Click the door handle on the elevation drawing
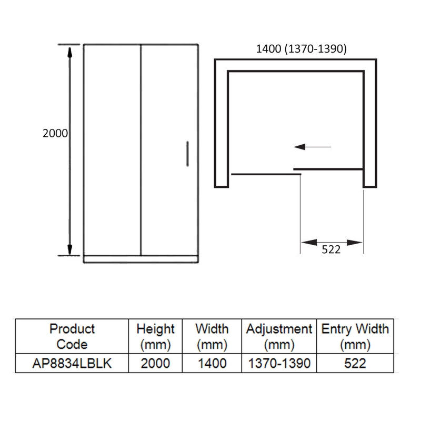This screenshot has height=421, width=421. [187, 154]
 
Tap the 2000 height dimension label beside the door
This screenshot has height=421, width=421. [55, 134]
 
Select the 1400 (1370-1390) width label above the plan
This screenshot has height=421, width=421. [301, 49]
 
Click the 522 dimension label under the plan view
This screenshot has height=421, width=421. [331, 249]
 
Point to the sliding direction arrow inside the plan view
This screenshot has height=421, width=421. [313, 147]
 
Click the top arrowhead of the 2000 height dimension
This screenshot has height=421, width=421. [69, 52]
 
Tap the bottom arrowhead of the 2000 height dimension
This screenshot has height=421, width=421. [69, 249]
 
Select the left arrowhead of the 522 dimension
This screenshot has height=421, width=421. [309, 243]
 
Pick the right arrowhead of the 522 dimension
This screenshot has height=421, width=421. [355, 243]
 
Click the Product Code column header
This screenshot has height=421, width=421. [72, 336]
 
